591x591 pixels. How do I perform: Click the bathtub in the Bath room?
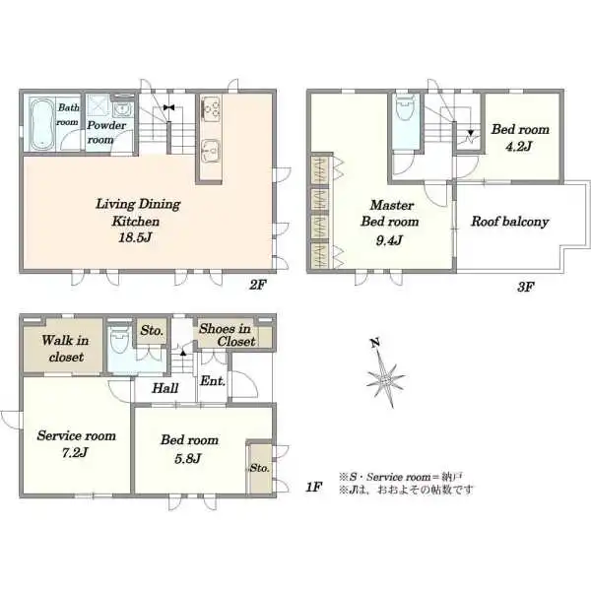click(x=42, y=124)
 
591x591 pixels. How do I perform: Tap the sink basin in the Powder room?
click(x=122, y=109)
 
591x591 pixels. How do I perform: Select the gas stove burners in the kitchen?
click(x=211, y=107)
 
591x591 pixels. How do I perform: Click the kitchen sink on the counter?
click(x=211, y=150)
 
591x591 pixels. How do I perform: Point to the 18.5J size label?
click(x=135, y=237)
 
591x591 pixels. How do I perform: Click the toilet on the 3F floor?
click(x=405, y=107)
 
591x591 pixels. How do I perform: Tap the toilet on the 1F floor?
click(x=119, y=340)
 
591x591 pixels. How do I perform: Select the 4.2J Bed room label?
click(x=520, y=138)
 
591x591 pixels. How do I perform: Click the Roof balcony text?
click(x=509, y=222)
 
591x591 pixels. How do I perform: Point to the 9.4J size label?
click(x=389, y=240)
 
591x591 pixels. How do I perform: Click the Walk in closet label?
click(x=66, y=349)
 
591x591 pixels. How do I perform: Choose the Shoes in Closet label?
click(x=228, y=335)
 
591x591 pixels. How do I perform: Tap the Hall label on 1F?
click(x=165, y=388)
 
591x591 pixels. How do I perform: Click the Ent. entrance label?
click(x=213, y=380)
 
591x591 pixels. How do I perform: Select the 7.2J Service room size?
click(x=75, y=452)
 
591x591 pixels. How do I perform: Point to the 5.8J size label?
click(x=188, y=458)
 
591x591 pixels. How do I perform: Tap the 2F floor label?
click(x=258, y=285)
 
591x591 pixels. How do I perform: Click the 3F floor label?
click(x=526, y=288)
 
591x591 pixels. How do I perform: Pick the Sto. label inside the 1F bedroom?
click(x=259, y=468)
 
